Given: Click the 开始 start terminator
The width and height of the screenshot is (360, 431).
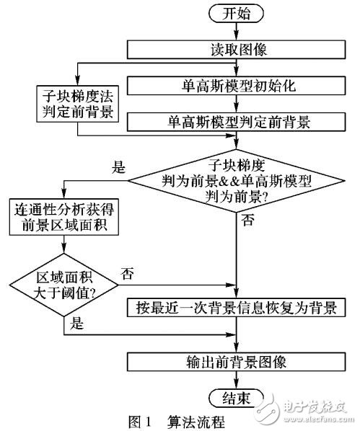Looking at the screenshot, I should pyautogui.click(x=238, y=14).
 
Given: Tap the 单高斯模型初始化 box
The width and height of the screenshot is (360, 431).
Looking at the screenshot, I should pyautogui.click(x=238, y=84).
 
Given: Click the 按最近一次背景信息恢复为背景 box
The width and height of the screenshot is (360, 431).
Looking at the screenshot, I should pyautogui.click(x=238, y=308).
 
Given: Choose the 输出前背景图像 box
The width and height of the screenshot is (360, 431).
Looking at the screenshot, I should pyautogui.click(x=238, y=362).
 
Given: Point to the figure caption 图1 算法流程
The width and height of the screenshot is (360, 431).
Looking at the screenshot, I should pyautogui.click(x=180, y=419).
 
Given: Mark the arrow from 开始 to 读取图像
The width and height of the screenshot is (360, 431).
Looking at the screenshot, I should pyautogui.click(x=238, y=32).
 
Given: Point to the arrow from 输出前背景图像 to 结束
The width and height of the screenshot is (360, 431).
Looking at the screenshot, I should pyautogui.click(x=238, y=380).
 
